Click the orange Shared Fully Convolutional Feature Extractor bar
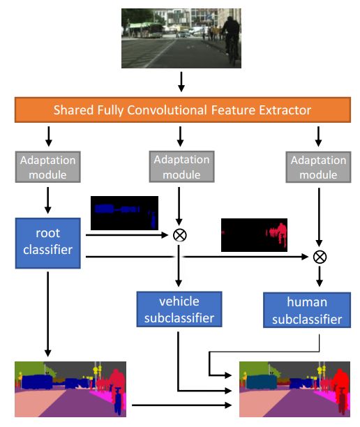[x=183, y=110]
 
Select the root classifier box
[x=48, y=243]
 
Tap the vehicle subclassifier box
[x=179, y=309]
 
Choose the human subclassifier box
[x=307, y=310]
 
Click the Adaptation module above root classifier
[x=48, y=167]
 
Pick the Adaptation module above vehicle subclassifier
[x=181, y=167]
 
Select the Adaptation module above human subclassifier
[x=318, y=167]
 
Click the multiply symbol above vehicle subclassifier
[x=180, y=235]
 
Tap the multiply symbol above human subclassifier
[x=320, y=257]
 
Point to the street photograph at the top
[x=181, y=38]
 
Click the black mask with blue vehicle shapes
[x=124, y=213]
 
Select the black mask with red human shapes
[x=254, y=234]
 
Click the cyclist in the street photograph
[x=230, y=40]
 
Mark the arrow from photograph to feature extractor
[x=181, y=82]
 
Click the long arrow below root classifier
[x=48, y=314]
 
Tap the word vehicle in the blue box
[x=179, y=301]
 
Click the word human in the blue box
[x=307, y=302]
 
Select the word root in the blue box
[x=48, y=233]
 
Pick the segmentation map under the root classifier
[x=70, y=389]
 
